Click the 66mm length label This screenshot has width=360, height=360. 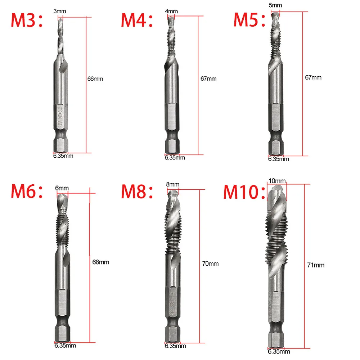click(x=95, y=79)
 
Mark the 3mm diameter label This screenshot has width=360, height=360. click(x=60, y=12)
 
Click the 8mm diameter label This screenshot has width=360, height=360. click(x=172, y=185)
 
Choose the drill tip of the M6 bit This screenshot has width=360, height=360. click(x=62, y=200)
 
